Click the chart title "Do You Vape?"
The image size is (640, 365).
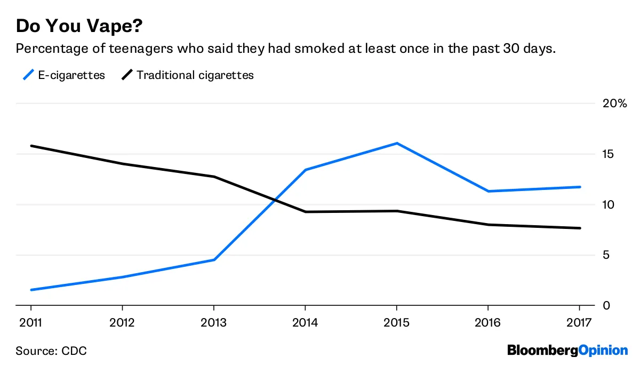(x=79, y=26)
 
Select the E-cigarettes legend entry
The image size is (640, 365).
(x=64, y=75)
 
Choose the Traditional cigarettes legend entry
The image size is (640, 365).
(x=187, y=75)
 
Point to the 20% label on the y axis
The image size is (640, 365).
(x=614, y=103)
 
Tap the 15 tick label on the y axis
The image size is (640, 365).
(x=608, y=154)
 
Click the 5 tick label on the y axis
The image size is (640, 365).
(x=606, y=255)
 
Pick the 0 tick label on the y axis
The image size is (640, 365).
(x=606, y=306)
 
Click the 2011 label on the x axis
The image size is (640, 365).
(x=30, y=323)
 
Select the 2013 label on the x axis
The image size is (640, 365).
(x=213, y=323)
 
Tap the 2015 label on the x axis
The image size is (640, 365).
(x=396, y=323)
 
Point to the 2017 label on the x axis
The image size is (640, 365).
(x=579, y=323)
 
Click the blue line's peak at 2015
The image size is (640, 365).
(x=397, y=143)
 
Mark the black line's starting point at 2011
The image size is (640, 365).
(x=31, y=146)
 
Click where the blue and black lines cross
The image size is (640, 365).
(x=275, y=200)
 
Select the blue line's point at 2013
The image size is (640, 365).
(x=214, y=259)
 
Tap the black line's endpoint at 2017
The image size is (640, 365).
(x=580, y=228)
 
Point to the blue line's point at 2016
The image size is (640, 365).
(x=488, y=191)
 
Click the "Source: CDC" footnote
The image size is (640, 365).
(x=51, y=351)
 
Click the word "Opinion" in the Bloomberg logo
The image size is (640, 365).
(x=603, y=351)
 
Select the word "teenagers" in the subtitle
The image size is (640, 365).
(x=141, y=49)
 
